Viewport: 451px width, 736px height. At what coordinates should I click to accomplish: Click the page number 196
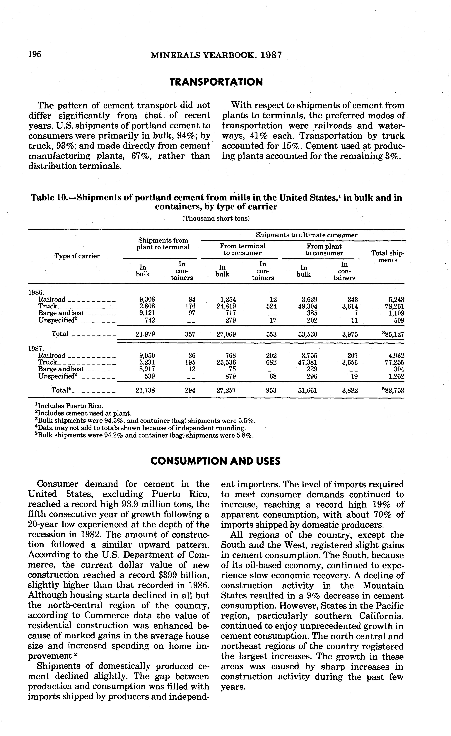pos(35,54)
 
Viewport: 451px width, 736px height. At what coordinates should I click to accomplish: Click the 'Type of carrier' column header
pos(77,256)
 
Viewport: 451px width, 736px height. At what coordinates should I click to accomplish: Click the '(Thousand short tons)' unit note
pos(216,218)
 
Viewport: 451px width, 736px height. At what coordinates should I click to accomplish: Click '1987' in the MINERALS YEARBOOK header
pos(271,55)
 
